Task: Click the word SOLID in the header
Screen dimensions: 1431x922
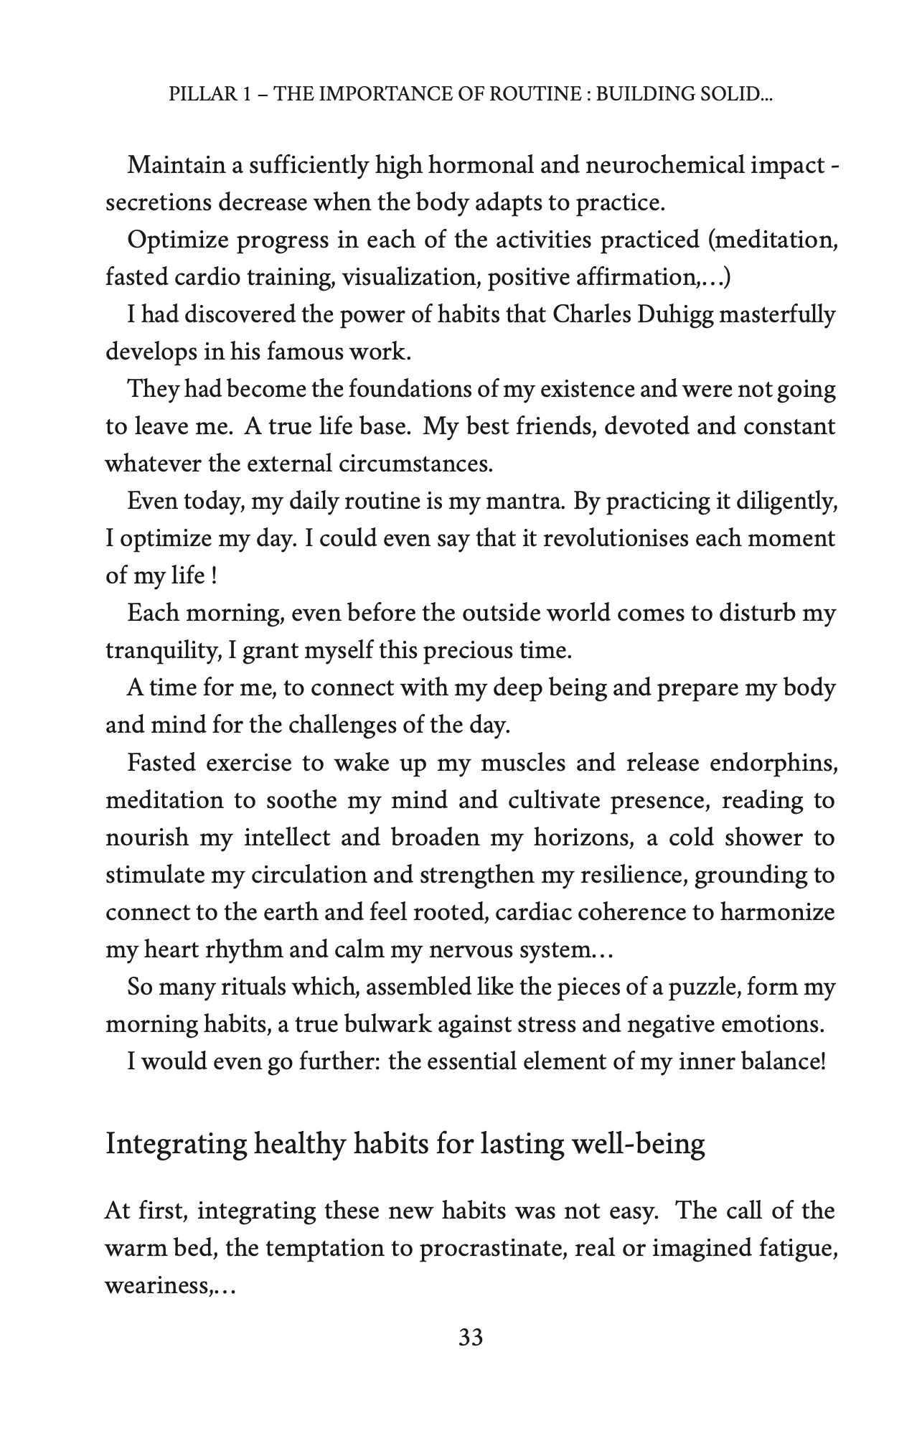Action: (732, 94)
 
